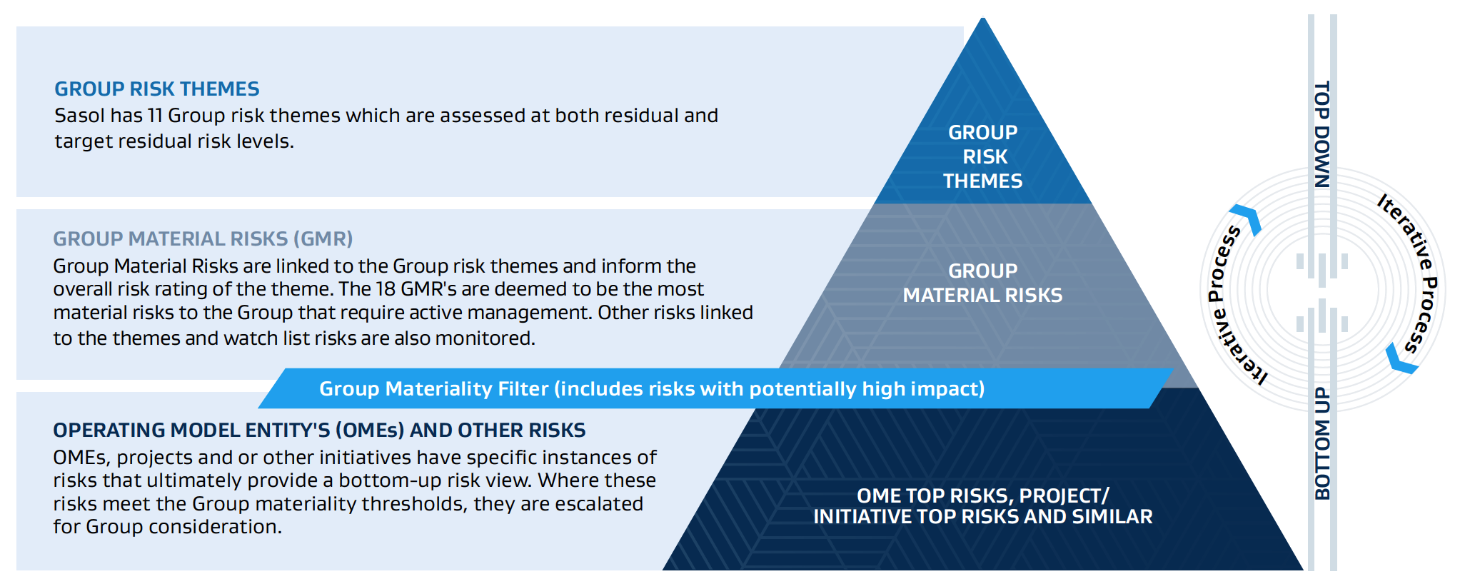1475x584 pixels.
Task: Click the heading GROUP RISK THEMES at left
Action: [x=157, y=89]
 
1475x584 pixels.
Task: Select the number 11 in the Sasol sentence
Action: [x=154, y=116]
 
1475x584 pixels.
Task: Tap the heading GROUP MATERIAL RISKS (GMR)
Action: [x=203, y=239]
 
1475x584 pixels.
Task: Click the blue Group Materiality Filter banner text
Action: [x=651, y=389]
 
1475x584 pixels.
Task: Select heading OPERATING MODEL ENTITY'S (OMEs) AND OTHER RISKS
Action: [x=319, y=431]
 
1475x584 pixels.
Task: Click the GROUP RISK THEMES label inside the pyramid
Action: [x=983, y=157]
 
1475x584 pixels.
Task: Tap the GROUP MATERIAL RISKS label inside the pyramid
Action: [x=983, y=283]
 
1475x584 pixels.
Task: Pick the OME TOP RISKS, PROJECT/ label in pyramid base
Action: [x=983, y=496]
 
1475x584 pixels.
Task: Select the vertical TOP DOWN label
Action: [x=1322, y=134]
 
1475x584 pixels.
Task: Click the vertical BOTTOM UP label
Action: [x=1322, y=443]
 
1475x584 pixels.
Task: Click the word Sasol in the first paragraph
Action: [x=79, y=116]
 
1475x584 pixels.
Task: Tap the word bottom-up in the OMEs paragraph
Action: [x=390, y=480]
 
